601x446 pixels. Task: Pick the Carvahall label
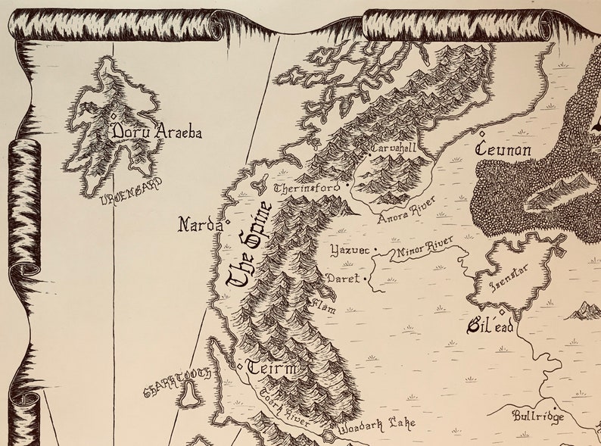point(394,149)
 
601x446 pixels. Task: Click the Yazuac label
point(349,249)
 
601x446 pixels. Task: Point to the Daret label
point(343,279)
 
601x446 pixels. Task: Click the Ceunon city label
point(503,150)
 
